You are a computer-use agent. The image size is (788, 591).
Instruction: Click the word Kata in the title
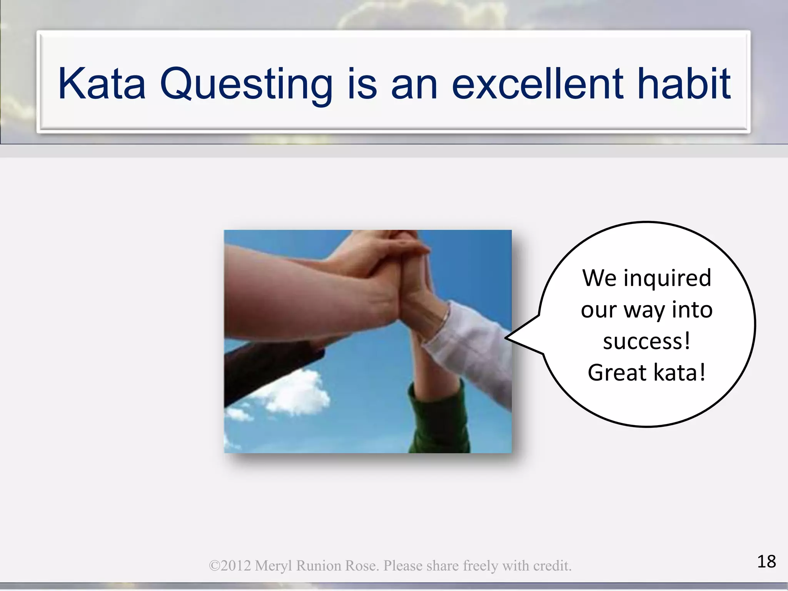click(x=102, y=84)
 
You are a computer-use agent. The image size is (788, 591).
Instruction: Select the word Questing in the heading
click(x=246, y=85)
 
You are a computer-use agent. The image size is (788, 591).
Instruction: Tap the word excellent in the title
click(x=537, y=84)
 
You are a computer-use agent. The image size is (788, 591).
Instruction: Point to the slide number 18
click(x=766, y=562)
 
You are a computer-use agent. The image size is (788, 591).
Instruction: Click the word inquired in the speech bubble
click(x=667, y=278)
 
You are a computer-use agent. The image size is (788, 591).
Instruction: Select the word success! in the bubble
click(x=647, y=341)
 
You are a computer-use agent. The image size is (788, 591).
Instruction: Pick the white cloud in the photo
click(x=296, y=392)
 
